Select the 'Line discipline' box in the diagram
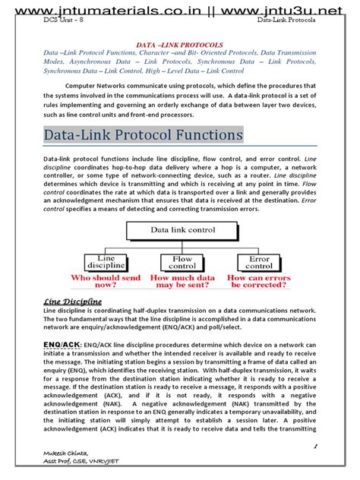104,263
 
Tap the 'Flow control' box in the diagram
182,263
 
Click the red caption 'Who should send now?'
104,283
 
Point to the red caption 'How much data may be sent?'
182,283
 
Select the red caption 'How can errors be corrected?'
259,283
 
